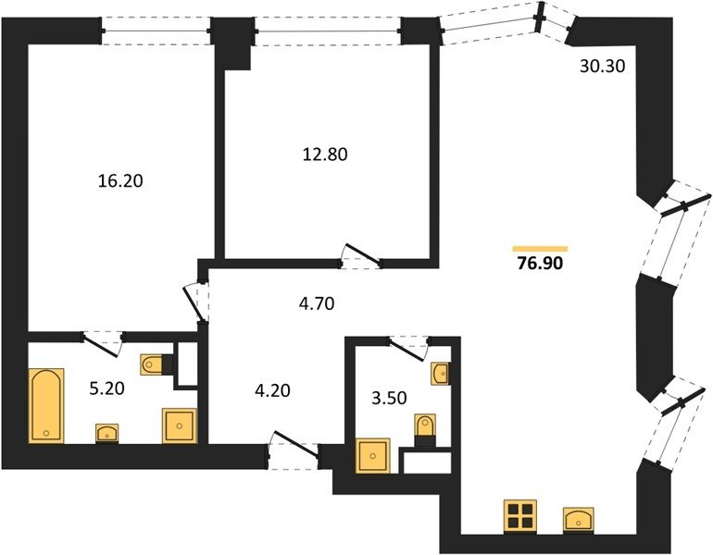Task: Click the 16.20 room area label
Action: tap(120, 181)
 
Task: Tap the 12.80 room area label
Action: tap(325, 154)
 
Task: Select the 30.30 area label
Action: tap(603, 67)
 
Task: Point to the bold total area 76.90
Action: tap(540, 263)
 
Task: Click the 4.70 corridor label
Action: tap(317, 303)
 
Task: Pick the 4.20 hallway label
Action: tap(272, 390)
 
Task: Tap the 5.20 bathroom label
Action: tap(106, 388)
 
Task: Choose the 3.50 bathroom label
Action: tap(389, 398)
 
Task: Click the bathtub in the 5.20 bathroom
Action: tap(46, 405)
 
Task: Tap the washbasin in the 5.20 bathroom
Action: tap(106, 433)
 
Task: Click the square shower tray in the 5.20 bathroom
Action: tap(180, 425)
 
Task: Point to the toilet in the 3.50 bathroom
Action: tap(426, 428)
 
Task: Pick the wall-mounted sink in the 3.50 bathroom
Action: tap(440, 374)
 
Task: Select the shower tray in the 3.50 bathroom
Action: tap(373, 455)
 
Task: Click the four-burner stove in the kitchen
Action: tap(520, 516)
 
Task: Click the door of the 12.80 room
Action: tap(362, 256)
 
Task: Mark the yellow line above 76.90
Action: tap(540, 249)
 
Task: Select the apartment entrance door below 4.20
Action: tap(294, 450)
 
